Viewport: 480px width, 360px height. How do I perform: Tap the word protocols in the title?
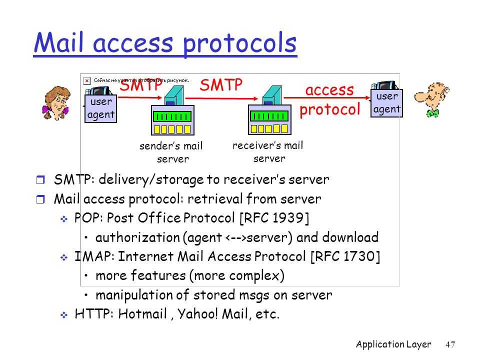[x=239, y=44]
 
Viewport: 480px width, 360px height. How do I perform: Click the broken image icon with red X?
[x=87, y=80]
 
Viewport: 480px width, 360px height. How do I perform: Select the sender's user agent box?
[x=100, y=108]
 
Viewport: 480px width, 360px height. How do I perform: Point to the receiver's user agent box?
[x=386, y=103]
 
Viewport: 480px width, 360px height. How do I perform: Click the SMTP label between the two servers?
[x=221, y=85]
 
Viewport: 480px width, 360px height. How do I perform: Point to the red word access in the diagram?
[x=329, y=90]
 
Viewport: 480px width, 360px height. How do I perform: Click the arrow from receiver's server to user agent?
[x=327, y=98]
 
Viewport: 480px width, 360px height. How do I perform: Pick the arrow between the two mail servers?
[x=222, y=98]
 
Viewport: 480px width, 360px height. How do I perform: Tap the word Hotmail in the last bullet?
[x=142, y=314]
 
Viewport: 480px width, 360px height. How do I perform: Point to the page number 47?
[x=450, y=344]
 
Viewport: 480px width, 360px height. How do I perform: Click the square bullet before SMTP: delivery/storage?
[x=40, y=179]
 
